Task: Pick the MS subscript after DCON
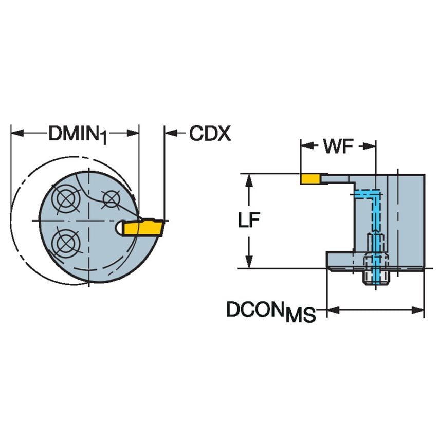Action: (x=300, y=315)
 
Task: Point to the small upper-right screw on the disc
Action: (x=109, y=197)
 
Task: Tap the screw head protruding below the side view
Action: (x=375, y=277)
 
